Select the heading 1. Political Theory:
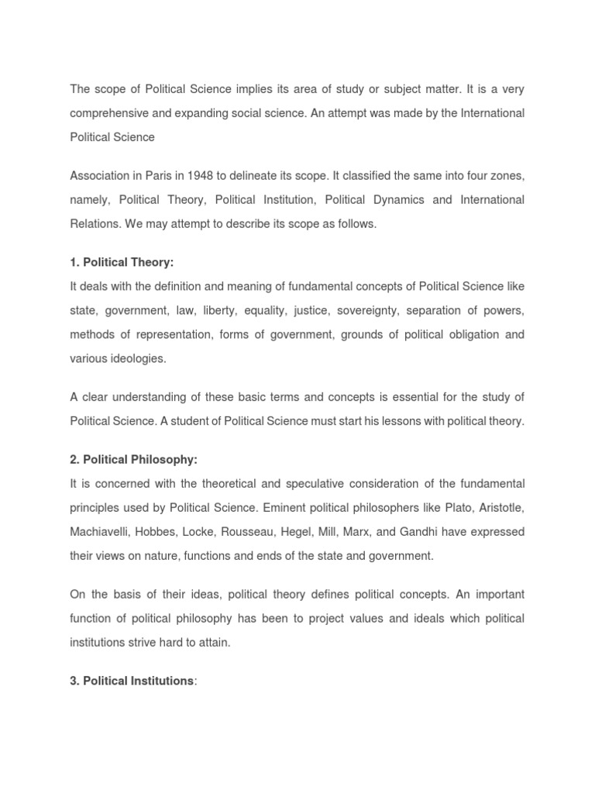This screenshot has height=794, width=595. (x=122, y=263)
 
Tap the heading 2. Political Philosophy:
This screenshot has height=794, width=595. (x=134, y=460)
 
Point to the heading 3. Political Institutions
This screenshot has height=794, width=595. (x=132, y=681)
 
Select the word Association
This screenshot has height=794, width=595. (x=101, y=175)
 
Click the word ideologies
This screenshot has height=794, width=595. (x=139, y=359)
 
